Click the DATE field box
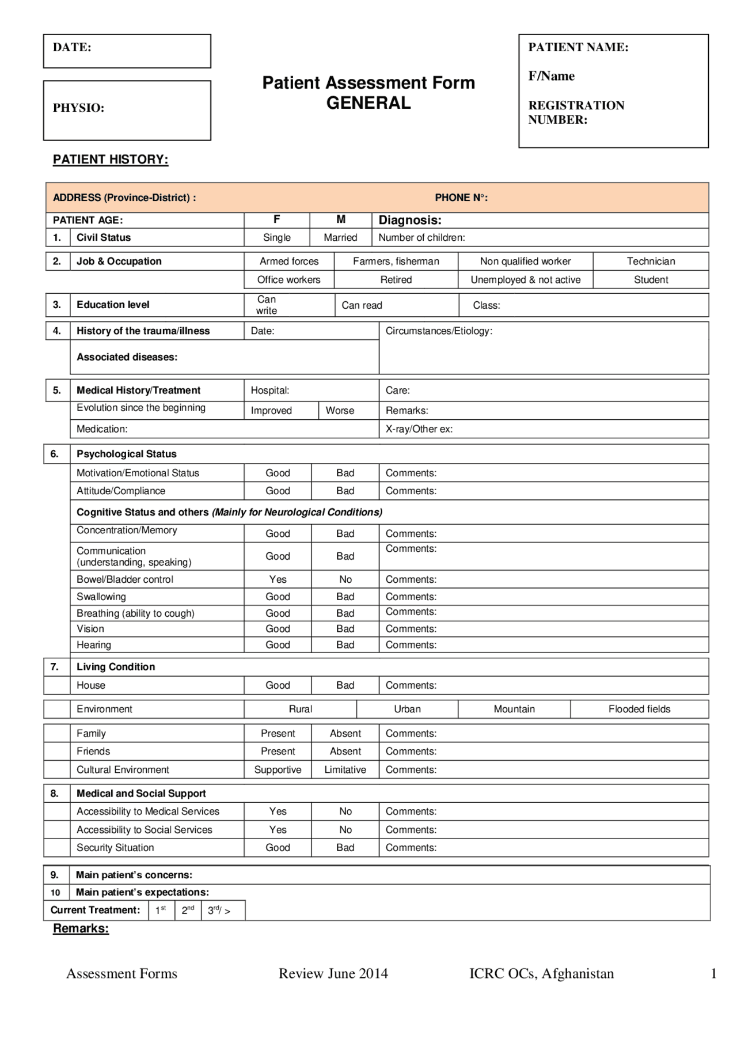pos(127,51)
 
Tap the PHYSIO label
pos(78,108)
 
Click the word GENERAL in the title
pos(368,103)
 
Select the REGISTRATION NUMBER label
pos(576,112)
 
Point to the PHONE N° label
pos(461,198)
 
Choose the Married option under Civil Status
pos(340,237)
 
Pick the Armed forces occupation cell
pos(289,261)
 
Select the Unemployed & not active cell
pos(525,279)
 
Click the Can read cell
pos(362,305)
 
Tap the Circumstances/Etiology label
pos(439,331)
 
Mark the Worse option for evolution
pos(340,411)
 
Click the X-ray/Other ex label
pos(419,429)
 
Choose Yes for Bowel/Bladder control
pos(278,579)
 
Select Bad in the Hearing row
pos(345,645)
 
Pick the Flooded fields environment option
pos(639,709)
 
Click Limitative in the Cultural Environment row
pos(345,769)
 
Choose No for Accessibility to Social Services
pos(345,829)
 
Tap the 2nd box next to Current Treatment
pos(188,910)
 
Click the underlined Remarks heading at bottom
pos(81,928)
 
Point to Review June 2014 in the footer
pos(333,973)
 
